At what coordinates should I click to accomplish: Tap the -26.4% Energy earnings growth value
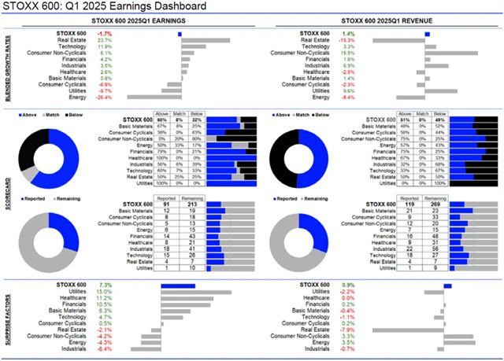[x=103, y=98]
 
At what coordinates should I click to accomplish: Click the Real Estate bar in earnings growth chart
[x=205, y=40]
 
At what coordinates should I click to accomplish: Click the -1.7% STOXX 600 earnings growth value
[x=103, y=34]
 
